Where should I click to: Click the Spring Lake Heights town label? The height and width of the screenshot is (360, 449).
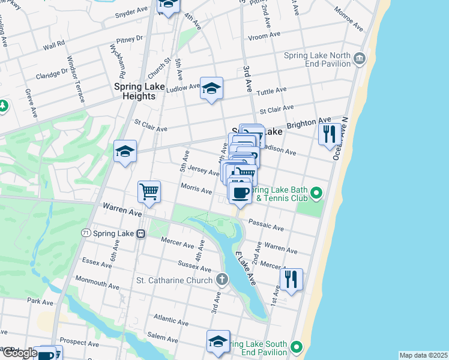(x=140, y=91)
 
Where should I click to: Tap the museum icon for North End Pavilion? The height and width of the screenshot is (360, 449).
(x=360, y=58)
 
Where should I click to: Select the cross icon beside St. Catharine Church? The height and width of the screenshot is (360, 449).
(x=222, y=280)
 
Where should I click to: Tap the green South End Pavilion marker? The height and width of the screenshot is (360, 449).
(x=296, y=347)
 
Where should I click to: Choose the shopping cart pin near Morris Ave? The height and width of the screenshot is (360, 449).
(x=149, y=192)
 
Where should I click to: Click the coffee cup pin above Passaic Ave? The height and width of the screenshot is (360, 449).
(x=240, y=193)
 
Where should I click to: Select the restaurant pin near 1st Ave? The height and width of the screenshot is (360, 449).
(x=291, y=280)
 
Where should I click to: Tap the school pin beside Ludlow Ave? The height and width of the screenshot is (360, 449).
(x=211, y=88)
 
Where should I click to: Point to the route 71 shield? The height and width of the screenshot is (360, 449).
(x=86, y=232)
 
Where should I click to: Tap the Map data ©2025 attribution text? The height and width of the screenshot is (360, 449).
(x=423, y=355)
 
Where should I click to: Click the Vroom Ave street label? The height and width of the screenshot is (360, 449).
(x=265, y=35)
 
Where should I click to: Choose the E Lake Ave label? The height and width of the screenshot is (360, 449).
(x=246, y=269)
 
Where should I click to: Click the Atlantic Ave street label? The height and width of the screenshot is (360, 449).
(x=170, y=317)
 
